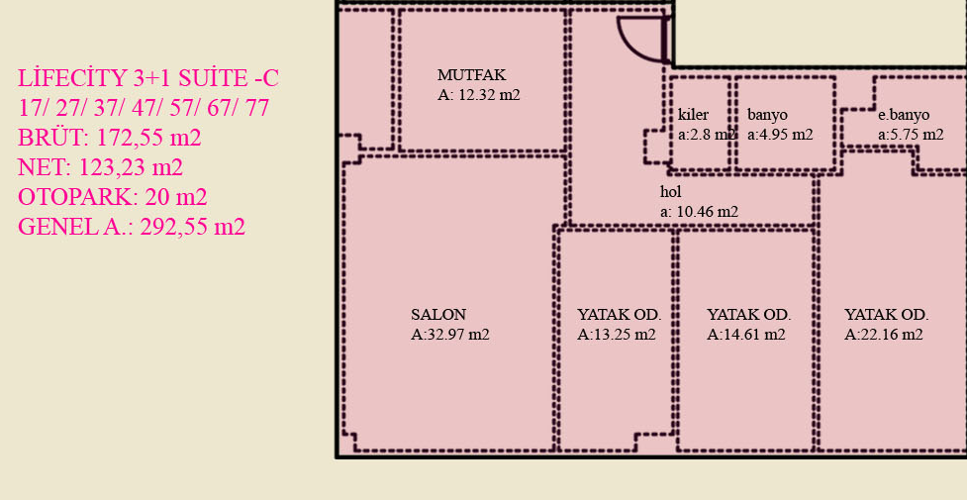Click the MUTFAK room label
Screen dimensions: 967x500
(x=472, y=75)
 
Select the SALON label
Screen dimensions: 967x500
(x=438, y=314)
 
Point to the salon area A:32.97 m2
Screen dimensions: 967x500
(x=450, y=335)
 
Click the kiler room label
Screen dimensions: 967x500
(x=693, y=115)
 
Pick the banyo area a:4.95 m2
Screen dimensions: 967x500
(x=780, y=135)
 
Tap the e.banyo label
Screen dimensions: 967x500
(x=904, y=115)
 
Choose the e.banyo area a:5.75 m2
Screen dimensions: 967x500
(x=911, y=135)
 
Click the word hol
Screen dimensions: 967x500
(x=670, y=191)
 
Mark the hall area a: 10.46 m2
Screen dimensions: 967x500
(x=699, y=212)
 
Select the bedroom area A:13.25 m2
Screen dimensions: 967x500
(x=616, y=335)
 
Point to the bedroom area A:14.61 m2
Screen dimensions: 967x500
(x=746, y=335)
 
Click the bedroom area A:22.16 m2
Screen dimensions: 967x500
(x=884, y=335)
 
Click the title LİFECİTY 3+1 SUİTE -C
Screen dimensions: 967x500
(x=148, y=78)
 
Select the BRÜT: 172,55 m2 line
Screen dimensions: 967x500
(x=110, y=138)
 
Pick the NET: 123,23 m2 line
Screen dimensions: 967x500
(x=100, y=167)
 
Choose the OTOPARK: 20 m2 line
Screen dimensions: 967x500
(x=112, y=197)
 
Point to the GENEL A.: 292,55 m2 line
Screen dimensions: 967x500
(x=132, y=227)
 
